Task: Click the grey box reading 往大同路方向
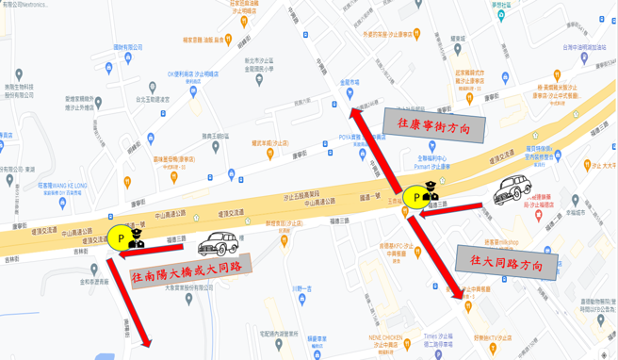coord(505,263)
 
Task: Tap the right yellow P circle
coord(415,197)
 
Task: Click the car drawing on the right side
coord(515,189)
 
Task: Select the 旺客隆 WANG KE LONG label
coord(61,186)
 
